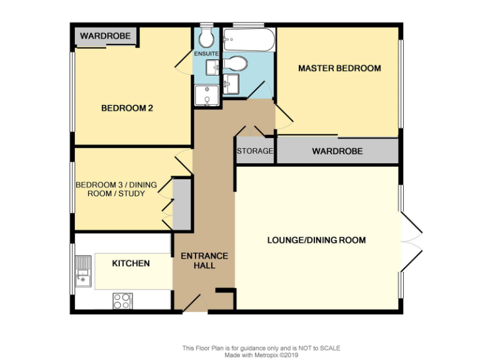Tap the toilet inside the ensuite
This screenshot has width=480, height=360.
(206, 39)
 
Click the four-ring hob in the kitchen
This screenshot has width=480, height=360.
(121, 301)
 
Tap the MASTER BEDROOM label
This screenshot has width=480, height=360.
(339, 68)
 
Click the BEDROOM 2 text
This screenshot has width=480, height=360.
(127, 108)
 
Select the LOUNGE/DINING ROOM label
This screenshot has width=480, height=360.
(316, 240)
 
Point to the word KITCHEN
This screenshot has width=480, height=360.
(131, 263)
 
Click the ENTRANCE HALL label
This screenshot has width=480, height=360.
(204, 261)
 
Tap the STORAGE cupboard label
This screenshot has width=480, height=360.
(254, 151)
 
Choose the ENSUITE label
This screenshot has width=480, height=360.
(206, 54)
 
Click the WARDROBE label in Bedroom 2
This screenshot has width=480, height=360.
(105, 36)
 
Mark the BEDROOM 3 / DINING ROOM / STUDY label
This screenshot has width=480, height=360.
(111, 189)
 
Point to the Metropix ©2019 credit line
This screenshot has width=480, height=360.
(261, 355)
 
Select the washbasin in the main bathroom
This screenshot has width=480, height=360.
(231, 83)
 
